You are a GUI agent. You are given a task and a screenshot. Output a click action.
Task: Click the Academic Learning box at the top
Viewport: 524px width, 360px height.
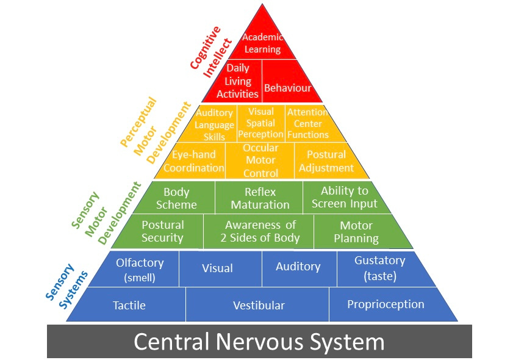click(262, 43)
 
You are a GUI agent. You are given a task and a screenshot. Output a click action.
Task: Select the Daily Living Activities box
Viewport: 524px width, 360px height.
click(238, 81)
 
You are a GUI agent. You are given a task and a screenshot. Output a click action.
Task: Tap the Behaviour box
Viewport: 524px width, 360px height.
click(287, 88)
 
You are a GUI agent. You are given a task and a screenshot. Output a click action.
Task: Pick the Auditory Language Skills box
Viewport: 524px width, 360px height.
click(214, 124)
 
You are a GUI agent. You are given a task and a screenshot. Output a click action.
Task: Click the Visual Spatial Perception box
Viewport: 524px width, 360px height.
click(260, 123)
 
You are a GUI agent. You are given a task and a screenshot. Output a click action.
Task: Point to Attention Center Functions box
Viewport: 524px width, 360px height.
click(307, 123)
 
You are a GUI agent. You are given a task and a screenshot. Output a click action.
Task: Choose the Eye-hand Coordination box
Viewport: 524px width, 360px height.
click(194, 161)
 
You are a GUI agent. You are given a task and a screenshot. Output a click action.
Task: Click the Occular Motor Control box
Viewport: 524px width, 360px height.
click(260, 160)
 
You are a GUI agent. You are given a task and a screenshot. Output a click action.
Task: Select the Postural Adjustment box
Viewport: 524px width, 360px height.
click(326, 161)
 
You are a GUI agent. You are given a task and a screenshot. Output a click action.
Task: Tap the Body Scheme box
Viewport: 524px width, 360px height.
click(176, 198)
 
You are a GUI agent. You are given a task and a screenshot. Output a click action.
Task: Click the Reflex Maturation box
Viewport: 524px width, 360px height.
click(260, 198)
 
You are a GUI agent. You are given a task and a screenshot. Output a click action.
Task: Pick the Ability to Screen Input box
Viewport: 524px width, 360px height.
click(344, 197)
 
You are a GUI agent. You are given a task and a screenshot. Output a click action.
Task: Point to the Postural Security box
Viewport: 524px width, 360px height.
click(162, 231)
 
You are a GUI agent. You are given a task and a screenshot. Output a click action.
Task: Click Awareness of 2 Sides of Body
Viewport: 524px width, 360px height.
click(260, 231)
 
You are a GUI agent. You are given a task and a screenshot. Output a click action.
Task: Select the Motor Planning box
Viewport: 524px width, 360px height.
click(356, 232)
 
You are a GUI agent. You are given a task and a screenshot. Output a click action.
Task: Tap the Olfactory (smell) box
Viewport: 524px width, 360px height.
click(140, 269)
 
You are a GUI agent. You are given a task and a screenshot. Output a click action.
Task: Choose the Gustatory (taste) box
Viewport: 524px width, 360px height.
click(379, 268)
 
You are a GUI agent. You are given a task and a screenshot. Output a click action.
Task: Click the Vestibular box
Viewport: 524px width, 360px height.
click(259, 305)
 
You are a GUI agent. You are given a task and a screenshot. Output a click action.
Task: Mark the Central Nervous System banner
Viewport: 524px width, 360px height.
click(259, 341)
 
